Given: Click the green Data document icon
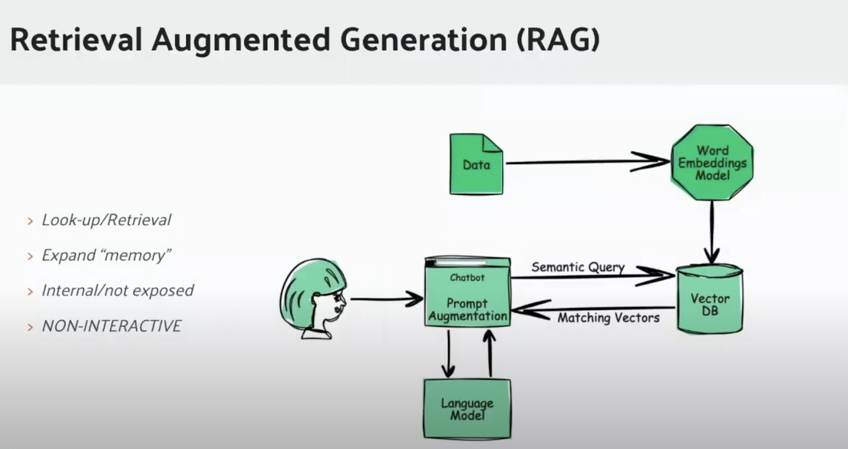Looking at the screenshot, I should [476, 165].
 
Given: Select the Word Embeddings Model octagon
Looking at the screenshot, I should [712, 163].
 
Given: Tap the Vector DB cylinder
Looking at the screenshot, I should [710, 300].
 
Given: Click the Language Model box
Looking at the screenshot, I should [467, 409].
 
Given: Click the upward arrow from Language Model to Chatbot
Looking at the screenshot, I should [490, 353].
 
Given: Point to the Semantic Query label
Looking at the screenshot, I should [578, 267].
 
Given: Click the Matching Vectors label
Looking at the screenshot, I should [608, 318].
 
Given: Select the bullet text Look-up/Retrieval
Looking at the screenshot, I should [106, 220].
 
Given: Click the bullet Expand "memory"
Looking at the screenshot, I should [106, 255].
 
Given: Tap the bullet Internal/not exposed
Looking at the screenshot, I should [118, 291].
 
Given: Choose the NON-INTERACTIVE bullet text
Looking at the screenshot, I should [111, 326].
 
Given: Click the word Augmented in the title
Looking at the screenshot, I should [241, 40].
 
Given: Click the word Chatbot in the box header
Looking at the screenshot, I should [467, 277].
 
